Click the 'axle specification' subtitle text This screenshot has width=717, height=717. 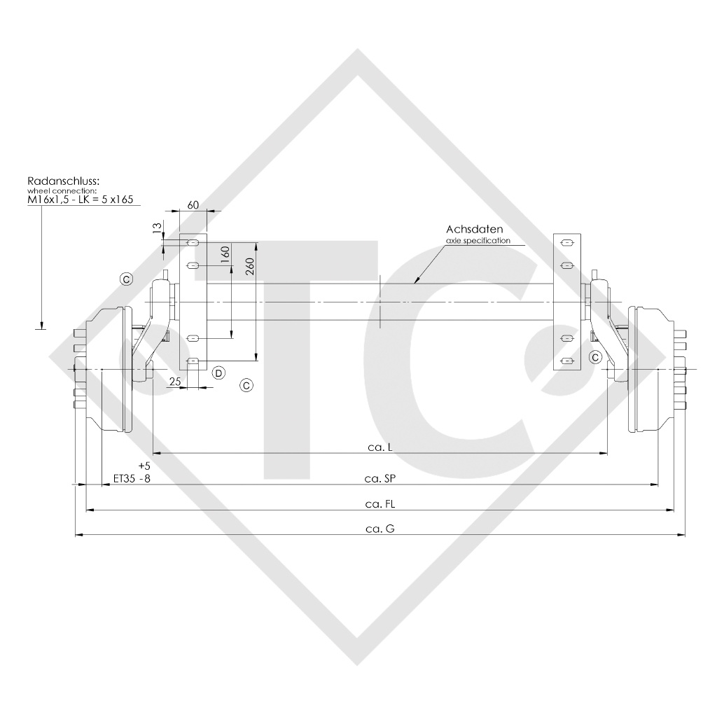pyautogui.click(x=478, y=240)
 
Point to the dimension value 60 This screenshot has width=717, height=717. pyautogui.click(x=194, y=204)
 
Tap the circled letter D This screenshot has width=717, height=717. pyautogui.click(x=218, y=373)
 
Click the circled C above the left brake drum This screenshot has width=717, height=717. pyautogui.click(x=126, y=279)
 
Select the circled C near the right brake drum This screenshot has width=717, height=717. pyautogui.click(x=595, y=357)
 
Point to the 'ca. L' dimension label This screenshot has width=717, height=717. pyautogui.click(x=380, y=446)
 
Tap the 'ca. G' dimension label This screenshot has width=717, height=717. pyautogui.click(x=380, y=529)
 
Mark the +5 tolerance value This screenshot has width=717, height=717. pyautogui.click(x=145, y=466)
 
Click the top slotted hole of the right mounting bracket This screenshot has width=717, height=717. pyautogui.click(x=568, y=243)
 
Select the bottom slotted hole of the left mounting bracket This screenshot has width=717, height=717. pyautogui.click(x=194, y=361)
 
